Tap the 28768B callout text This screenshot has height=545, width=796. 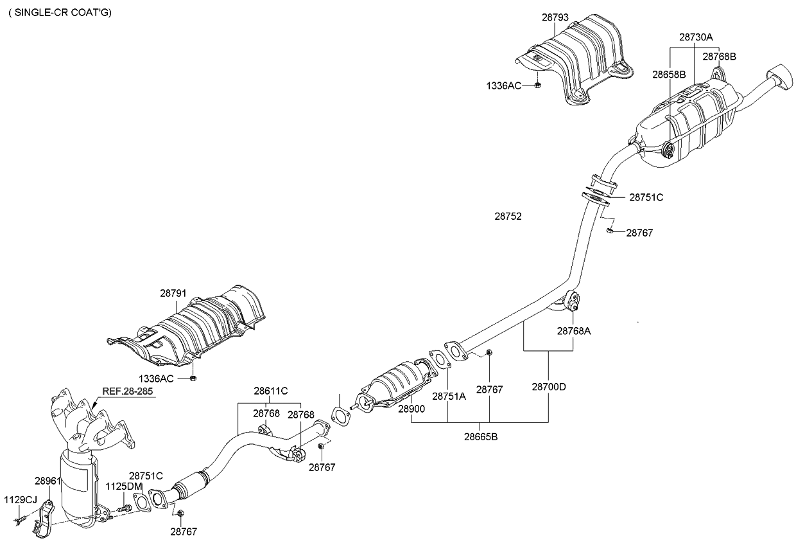coord(719,57)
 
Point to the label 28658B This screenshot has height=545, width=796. coord(670,75)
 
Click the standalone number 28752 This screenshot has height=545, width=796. coord(507,217)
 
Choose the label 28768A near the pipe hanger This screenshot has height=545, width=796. coord(574,331)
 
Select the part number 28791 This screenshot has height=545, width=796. coord(173,293)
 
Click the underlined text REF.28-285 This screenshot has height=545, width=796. coord(127,391)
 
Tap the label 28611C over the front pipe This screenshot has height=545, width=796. coord(270,391)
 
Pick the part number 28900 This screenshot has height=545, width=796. coord(411,409)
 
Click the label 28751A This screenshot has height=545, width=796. coord(449,397)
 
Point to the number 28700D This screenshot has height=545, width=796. coord(549,387)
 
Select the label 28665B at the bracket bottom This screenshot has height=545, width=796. coord(481,437)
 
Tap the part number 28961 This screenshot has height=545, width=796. coord(48,480)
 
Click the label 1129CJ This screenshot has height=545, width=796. coord(21,499)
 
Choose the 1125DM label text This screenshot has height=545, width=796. coord(122,487)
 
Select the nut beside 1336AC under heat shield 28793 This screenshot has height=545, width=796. coord(538,85)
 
